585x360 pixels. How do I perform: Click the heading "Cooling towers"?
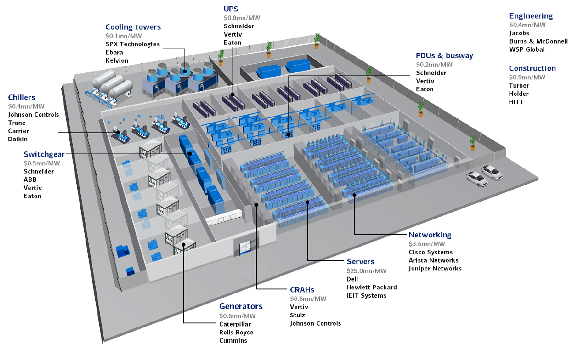click(133, 27)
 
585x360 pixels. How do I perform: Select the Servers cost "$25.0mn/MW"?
click(366, 270)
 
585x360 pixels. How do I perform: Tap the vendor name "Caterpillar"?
click(235, 324)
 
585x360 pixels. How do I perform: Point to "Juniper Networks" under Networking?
click(435, 268)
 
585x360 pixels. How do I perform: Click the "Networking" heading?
click(430, 235)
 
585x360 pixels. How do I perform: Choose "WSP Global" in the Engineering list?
click(526, 49)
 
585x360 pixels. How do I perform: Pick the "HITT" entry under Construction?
click(516, 102)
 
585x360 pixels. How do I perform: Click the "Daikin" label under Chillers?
click(18, 139)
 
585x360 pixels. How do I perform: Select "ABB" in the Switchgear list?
click(30, 180)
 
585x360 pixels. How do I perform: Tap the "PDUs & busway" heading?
click(444, 56)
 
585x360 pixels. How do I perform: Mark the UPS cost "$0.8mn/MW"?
click(242, 18)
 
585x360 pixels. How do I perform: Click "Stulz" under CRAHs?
click(297, 315)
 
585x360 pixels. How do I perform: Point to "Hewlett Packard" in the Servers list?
click(371, 287)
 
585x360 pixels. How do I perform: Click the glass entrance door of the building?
click(245, 247)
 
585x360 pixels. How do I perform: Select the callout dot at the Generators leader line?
click(184, 244)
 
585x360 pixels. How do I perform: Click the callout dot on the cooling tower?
click(185, 71)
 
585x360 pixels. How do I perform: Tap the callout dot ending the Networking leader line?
click(354, 195)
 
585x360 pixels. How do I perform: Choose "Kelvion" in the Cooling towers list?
click(117, 60)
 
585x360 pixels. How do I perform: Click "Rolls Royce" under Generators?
click(236, 332)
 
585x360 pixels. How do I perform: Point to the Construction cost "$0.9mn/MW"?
click(527, 77)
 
